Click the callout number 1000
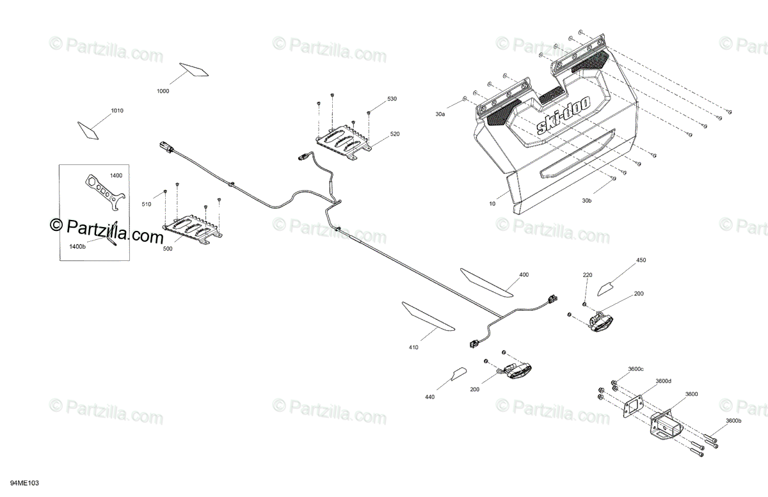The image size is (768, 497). (x=163, y=91)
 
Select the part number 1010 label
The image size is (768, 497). (x=116, y=111)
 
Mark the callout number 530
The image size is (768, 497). (x=392, y=99)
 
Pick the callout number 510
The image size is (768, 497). (x=147, y=205)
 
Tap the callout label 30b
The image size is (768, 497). (x=587, y=200)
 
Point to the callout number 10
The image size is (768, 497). (x=492, y=204)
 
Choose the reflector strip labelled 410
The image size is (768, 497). (x=428, y=316)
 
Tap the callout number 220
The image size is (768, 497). (x=587, y=275)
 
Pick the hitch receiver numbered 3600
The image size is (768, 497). (x=668, y=423)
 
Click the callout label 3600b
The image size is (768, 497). (x=733, y=421)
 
